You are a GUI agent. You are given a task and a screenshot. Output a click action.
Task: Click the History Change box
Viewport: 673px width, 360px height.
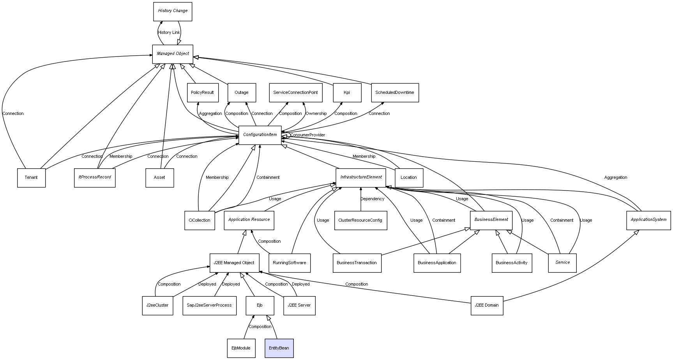(x=173, y=11)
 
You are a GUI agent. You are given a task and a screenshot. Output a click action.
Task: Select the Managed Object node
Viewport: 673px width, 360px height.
(x=173, y=54)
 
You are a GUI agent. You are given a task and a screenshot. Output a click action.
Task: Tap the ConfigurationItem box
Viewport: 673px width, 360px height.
(x=260, y=135)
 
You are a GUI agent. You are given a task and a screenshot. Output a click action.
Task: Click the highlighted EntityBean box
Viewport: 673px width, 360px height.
(x=279, y=348)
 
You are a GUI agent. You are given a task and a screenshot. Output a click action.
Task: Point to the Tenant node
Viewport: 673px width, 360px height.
(x=31, y=178)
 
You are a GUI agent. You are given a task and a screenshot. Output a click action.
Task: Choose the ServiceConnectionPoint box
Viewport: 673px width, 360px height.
(x=296, y=93)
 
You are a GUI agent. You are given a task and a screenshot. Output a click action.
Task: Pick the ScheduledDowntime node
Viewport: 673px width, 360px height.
(x=395, y=93)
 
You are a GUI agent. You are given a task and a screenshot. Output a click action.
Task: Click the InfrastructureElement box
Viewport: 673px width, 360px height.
(x=361, y=177)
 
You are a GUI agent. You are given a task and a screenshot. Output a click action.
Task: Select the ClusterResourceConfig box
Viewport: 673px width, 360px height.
(x=360, y=221)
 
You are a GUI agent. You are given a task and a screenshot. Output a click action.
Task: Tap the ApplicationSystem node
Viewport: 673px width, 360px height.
(x=648, y=220)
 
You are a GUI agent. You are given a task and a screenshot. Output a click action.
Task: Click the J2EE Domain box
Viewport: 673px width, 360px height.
(x=487, y=305)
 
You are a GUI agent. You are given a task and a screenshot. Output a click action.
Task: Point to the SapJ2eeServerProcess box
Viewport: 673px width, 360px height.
(x=209, y=305)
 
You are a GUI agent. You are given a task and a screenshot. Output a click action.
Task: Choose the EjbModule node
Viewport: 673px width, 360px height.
(x=241, y=348)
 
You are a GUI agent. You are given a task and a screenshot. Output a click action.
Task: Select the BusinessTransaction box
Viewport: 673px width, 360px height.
(x=357, y=263)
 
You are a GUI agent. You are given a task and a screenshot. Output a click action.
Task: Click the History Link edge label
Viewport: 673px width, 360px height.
(x=169, y=33)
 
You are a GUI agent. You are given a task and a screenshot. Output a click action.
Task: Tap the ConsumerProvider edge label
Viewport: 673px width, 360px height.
(x=307, y=135)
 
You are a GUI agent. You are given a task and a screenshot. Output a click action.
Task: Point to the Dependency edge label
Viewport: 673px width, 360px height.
(x=372, y=199)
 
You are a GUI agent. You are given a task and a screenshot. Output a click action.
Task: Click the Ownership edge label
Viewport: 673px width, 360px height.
(x=316, y=114)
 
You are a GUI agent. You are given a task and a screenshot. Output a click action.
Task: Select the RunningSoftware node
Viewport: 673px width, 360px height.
(x=290, y=263)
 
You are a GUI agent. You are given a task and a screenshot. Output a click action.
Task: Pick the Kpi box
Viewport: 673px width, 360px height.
(x=347, y=93)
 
